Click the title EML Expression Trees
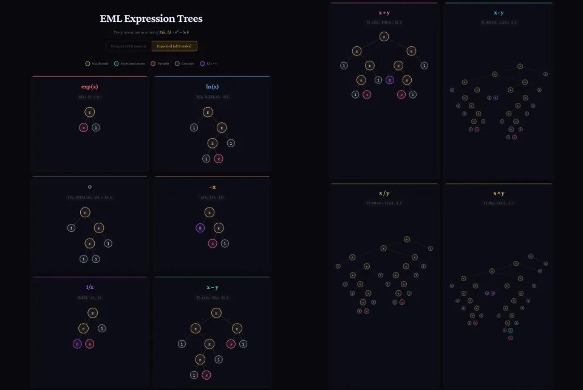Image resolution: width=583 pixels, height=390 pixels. click(x=151, y=19)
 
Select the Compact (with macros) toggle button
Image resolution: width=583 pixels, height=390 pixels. click(x=128, y=46)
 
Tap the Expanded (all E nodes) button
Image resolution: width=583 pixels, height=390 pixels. click(x=174, y=46)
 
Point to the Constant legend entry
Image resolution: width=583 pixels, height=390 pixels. click(x=185, y=63)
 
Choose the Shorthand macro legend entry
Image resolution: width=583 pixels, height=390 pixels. click(x=127, y=63)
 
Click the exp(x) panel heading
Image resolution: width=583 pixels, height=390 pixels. click(x=90, y=87)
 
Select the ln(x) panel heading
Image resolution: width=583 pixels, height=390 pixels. click(x=212, y=87)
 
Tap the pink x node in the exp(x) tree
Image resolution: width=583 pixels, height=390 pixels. click(x=83, y=128)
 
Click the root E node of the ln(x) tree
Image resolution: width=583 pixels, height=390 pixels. click(x=208, y=113)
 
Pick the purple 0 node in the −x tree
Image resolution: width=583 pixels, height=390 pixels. click(x=200, y=228)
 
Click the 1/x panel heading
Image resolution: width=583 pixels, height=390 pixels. click(x=90, y=287)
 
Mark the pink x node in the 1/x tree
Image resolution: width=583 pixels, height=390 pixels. click(x=90, y=344)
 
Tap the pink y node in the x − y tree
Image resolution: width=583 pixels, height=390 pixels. click(x=231, y=344)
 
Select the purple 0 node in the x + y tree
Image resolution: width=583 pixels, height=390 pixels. click(x=390, y=80)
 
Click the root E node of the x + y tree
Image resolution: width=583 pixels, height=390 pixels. click(x=384, y=37)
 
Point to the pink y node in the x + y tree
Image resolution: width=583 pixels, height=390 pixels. click(x=401, y=94)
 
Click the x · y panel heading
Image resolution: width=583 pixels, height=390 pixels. click(x=499, y=12)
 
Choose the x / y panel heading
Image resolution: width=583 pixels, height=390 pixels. click(x=384, y=193)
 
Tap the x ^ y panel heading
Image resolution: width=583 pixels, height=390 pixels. click(x=498, y=193)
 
